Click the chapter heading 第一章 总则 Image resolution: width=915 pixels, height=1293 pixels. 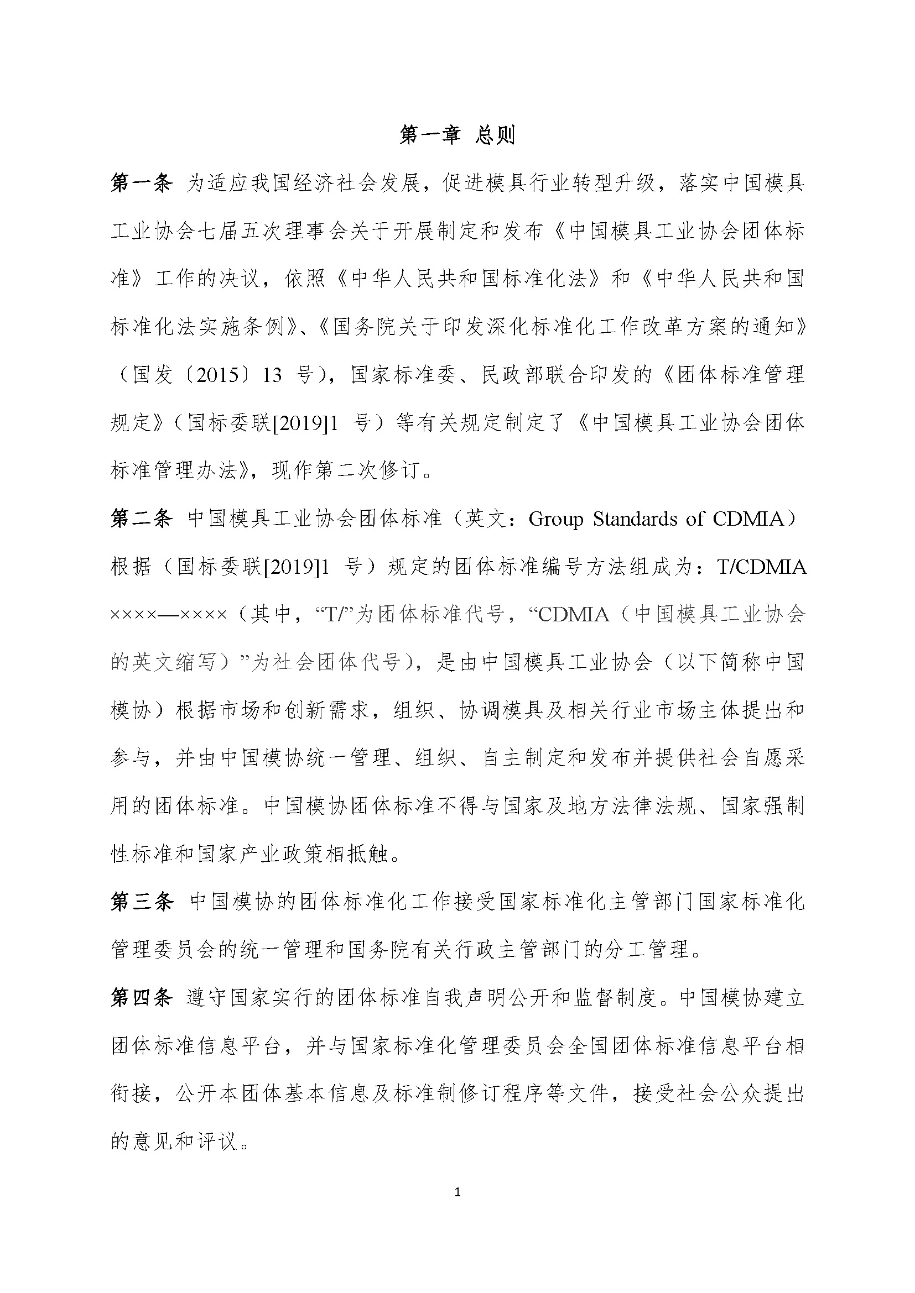[457, 135]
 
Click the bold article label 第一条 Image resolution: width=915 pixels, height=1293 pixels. [142, 183]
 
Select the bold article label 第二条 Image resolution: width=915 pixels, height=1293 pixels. [142, 519]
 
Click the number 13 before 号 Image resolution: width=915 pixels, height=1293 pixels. [272, 375]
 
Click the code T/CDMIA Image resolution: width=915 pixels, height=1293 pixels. [762, 567]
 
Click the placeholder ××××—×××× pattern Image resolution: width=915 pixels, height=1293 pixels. [169, 615]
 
